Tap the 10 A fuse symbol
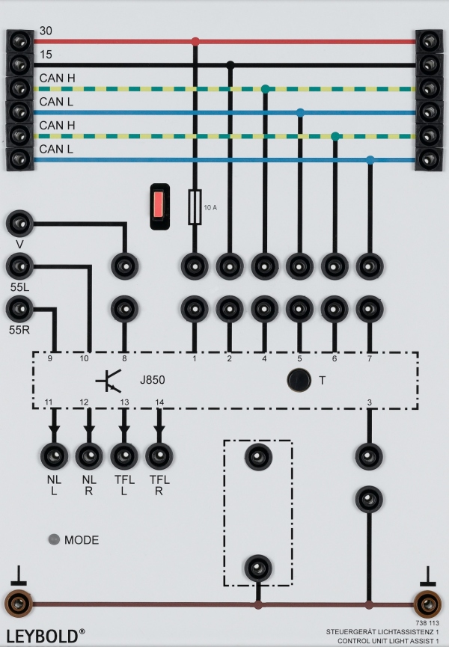(195, 207)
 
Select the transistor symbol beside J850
(109, 381)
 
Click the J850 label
(152, 381)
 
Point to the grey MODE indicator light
(54, 539)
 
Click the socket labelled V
(19, 223)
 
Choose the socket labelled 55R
(19, 307)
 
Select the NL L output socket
(54, 455)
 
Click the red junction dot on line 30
(195, 41)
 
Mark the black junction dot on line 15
(230, 65)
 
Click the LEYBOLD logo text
(42, 636)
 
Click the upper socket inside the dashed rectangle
(258, 455)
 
